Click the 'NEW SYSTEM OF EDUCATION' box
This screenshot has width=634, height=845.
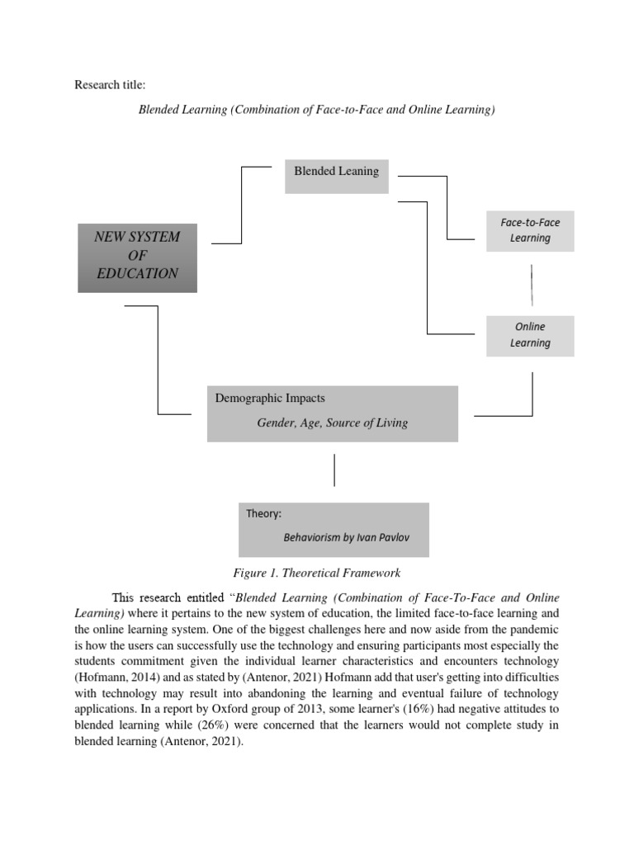(x=137, y=257)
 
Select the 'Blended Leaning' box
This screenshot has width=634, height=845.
(x=336, y=176)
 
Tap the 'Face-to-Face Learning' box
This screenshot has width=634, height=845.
(x=530, y=230)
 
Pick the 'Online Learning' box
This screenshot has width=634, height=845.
(x=530, y=335)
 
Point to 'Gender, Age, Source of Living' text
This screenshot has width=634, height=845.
(x=332, y=423)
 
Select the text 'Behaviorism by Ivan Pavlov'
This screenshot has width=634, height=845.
(x=346, y=537)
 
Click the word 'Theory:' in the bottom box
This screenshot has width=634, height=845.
(x=263, y=514)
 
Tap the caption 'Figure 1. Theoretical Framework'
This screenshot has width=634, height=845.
(x=317, y=574)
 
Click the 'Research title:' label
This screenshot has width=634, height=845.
(x=110, y=85)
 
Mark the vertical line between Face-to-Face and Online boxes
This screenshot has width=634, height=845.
(x=531, y=284)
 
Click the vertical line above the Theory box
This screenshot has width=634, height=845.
(x=334, y=470)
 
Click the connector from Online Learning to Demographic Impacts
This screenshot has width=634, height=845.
(x=532, y=396)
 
